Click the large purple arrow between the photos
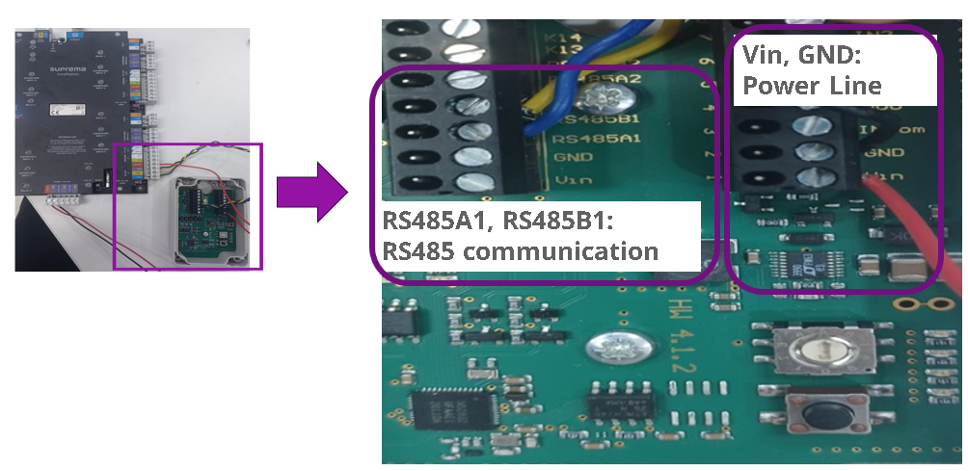pos(310,190)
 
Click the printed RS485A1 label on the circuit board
pos(583,139)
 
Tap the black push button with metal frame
pos(821,417)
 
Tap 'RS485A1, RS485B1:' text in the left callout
pos(497,221)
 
